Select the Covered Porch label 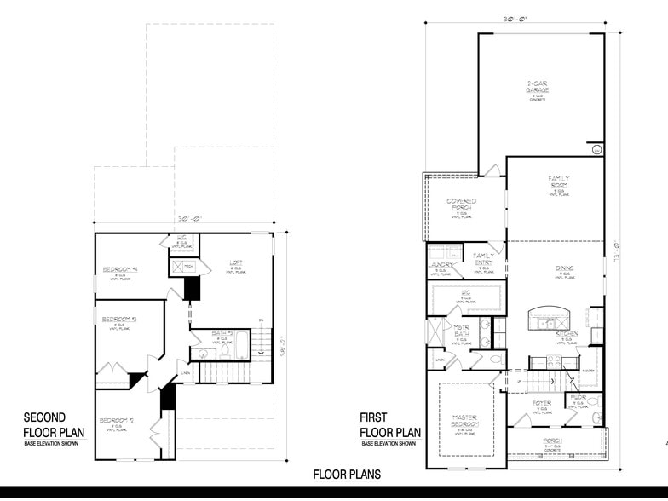point(461,204)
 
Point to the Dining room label point(565,268)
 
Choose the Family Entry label point(483,258)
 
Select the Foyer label point(542,403)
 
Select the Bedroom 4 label point(120,270)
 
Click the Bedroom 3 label point(119,320)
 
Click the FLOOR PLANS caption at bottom point(346,475)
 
